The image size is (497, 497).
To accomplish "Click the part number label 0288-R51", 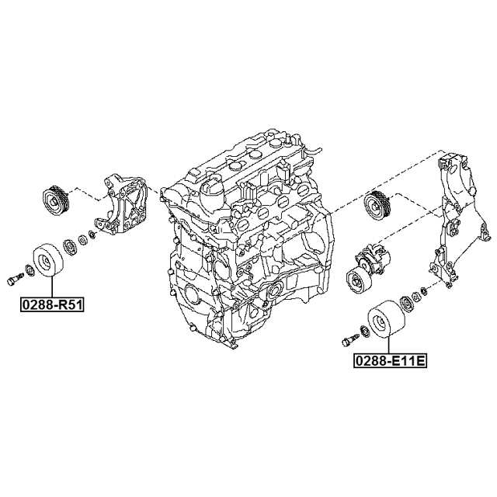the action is [52, 304].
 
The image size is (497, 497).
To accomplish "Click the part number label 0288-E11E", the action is [390, 360].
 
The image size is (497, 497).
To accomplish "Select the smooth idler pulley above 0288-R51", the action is [48, 259].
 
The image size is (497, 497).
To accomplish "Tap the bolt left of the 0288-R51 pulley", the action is [15, 279].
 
